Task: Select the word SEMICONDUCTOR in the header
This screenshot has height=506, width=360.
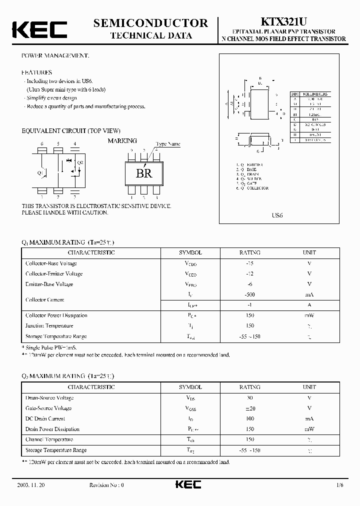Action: coord(150,23)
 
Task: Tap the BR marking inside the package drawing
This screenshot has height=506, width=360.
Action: coord(144,173)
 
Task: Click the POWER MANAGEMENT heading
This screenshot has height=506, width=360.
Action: coord(55,55)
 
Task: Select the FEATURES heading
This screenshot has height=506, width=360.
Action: coord(36,72)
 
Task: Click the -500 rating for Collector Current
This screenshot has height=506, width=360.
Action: coord(249,295)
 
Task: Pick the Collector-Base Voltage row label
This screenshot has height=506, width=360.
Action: coord(51,263)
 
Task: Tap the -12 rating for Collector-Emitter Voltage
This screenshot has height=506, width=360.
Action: coord(249,274)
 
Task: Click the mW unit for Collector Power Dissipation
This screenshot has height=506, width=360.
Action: coord(309,315)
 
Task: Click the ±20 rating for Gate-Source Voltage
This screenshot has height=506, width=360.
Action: coord(249,408)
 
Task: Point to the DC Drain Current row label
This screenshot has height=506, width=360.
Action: coord(45,419)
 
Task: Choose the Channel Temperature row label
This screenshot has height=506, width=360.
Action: coord(49,440)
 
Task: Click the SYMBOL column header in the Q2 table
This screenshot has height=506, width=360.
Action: coord(190,387)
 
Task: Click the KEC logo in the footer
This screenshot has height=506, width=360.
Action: coord(188,485)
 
